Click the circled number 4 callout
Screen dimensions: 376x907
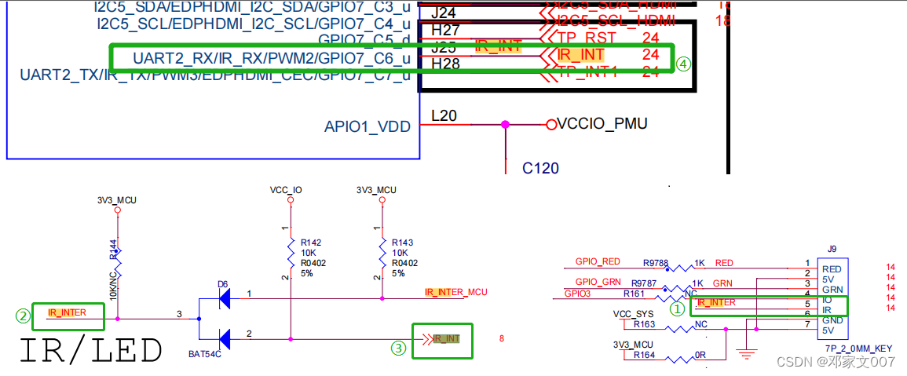(683, 64)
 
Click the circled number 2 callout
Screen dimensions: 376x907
(24, 316)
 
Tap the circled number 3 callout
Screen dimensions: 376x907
(399, 348)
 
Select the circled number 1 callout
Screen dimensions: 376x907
(676, 309)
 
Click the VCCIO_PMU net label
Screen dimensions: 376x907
(602, 124)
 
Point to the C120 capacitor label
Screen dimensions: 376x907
(540, 168)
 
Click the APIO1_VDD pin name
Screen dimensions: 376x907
(367, 126)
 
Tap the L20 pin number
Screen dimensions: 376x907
(444, 116)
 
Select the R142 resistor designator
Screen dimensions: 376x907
(312, 243)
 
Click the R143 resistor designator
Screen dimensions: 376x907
(402, 243)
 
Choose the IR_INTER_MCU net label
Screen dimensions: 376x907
(455, 292)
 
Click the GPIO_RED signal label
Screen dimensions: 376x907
(598, 261)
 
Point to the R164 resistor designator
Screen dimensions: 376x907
(644, 355)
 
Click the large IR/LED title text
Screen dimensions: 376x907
(90, 351)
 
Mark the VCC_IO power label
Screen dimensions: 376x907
(286, 190)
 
